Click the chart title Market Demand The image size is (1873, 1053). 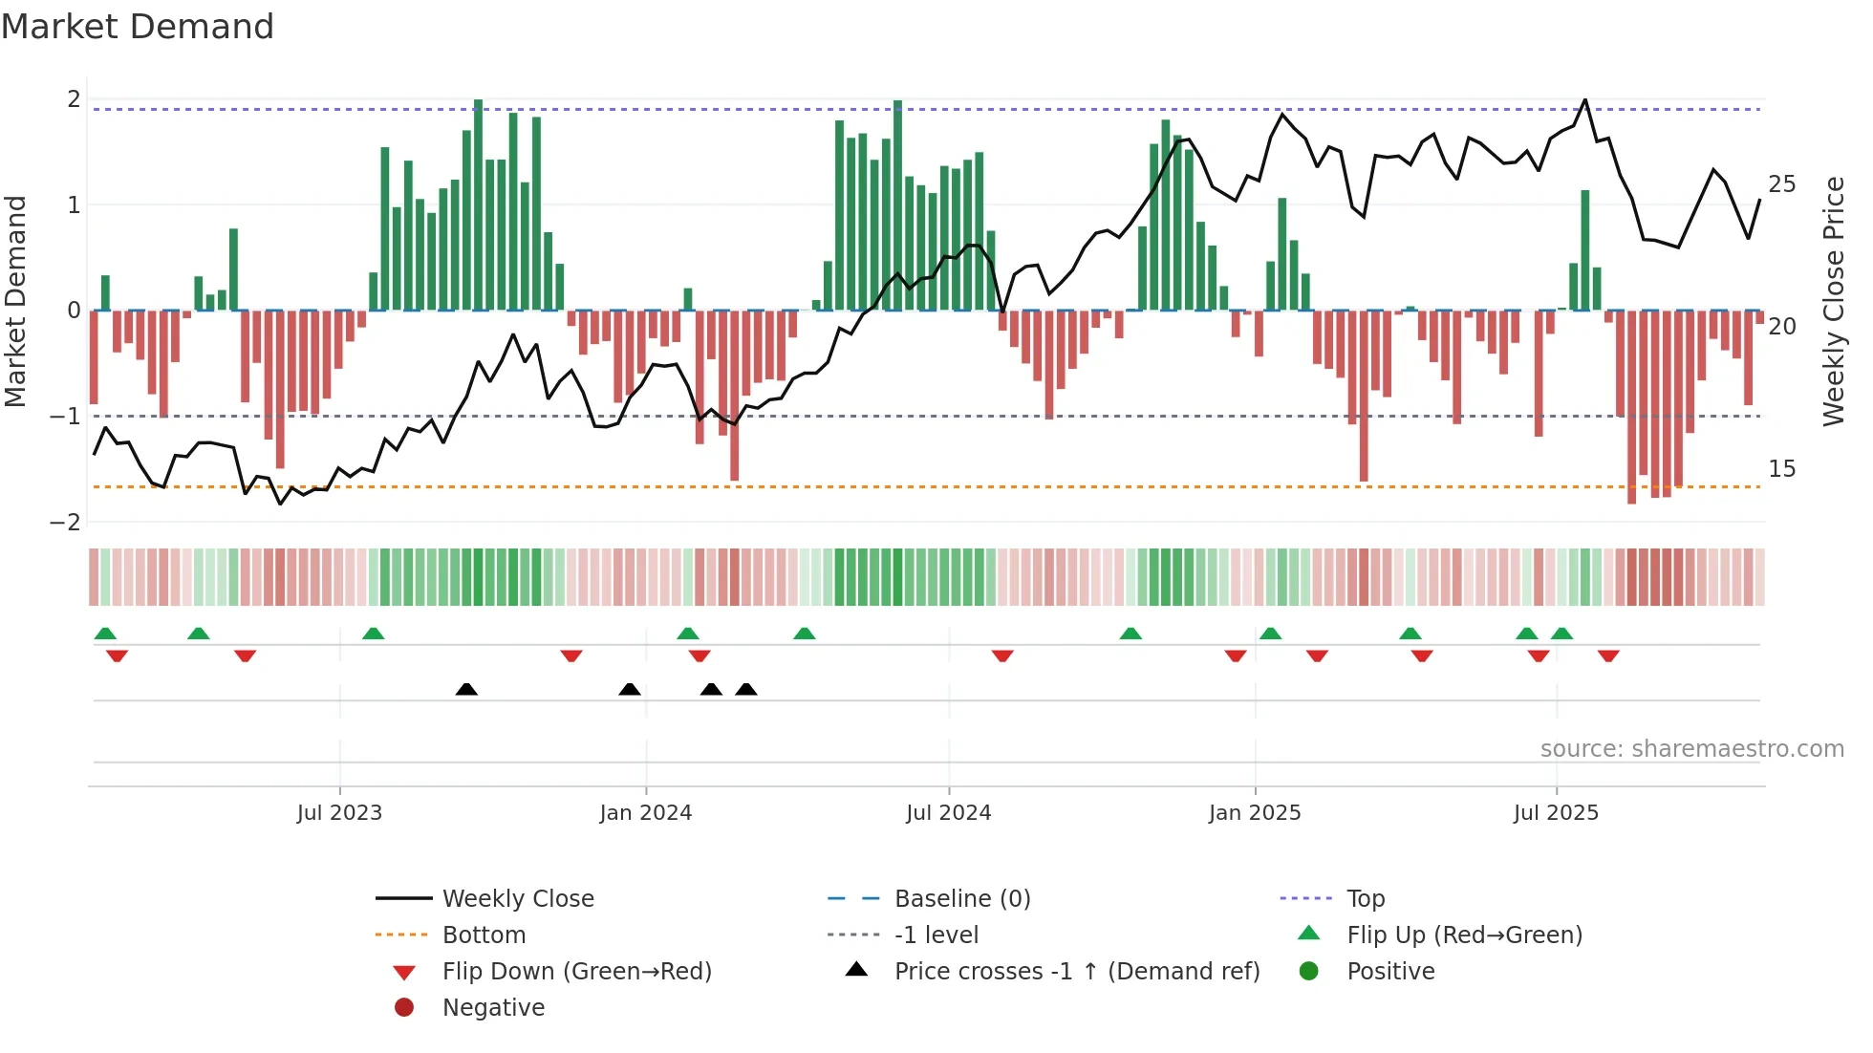pyautogui.click(x=138, y=27)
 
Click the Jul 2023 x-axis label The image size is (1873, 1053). pyautogui.click(x=339, y=813)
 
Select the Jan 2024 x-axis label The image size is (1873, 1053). pyautogui.click(x=645, y=813)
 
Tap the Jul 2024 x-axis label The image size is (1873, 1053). pyautogui.click(x=948, y=813)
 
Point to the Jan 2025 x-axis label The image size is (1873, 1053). pyautogui.click(x=1254, y=813)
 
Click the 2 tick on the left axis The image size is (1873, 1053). pyautogui.click(x=74, y=99)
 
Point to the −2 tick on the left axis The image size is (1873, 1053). pyautogui.click(x=66, y=523)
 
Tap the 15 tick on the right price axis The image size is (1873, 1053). pyautogui.click(x=1781, y=469)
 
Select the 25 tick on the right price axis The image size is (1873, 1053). pyautogui.click(x=1781, y=184)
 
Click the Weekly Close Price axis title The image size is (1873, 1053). pyautogui.click(x=1833, y=301)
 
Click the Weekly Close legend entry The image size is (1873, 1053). pyautogui.click(x=517, y=899)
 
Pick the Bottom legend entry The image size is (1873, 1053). pyautogui.click(x=484, y=935)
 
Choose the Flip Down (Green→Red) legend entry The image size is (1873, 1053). pyautogui.click(x=576, y=972)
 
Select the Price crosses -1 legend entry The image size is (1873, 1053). pyautogui.click(x=1076, y=972)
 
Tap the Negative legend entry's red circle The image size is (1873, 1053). pyautogui.click(x=404, y=1008)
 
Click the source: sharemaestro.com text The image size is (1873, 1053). pyautogui.click(x=1691, y=749)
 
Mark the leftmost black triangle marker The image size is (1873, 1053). pyautogui.click(x=466, y=690)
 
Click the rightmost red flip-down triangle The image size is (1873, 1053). pyautogui.click(x=1608, y=656)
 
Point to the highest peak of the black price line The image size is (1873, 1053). pyautogui.click(x=1585, y=99)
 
